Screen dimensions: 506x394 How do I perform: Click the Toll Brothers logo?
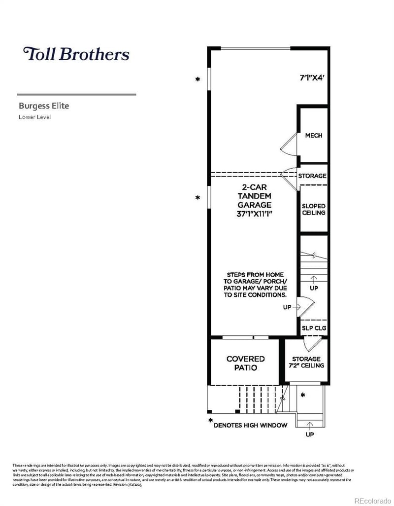pos(76,54)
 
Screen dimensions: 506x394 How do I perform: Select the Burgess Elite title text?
pos(44,106)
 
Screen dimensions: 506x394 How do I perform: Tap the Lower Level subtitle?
pos(34,117)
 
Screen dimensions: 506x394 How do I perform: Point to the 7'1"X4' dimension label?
pos(313,77)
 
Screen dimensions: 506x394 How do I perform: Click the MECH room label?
pos(314,135)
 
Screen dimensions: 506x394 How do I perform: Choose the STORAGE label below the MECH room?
pos(312,176)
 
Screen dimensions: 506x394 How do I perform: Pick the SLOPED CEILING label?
pos(314,209)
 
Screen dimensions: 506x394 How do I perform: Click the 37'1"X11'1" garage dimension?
pos(254,214)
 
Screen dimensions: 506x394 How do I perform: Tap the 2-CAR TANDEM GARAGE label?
pos(254,196)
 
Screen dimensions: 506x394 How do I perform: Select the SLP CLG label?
pos(314,327)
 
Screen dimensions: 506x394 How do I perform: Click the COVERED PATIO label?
pos(245,363)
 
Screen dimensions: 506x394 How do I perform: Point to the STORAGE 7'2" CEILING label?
pos(306,362)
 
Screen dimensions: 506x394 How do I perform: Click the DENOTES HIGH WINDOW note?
pos(250,425)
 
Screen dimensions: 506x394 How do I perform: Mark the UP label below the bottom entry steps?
pos(309,434)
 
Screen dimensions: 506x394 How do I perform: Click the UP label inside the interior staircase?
pos(314,288)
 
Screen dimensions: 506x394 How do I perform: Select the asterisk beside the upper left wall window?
pos(198,79)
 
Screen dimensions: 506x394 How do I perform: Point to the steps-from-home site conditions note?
pos(255,284)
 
